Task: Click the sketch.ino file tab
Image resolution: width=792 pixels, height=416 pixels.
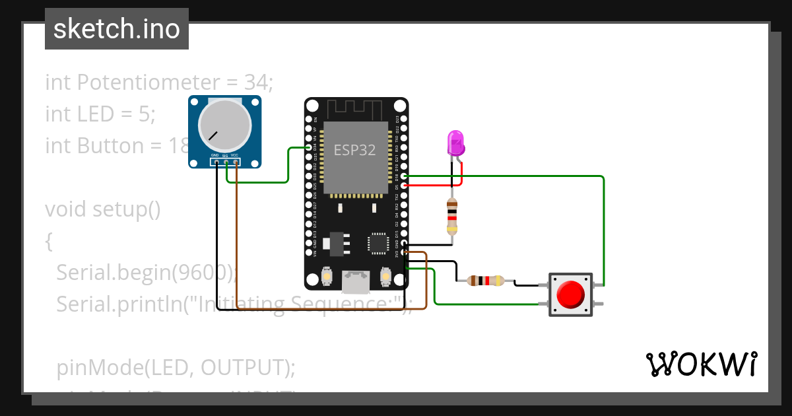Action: coord(117,29)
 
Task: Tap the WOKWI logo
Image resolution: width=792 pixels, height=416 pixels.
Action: coord(701,364)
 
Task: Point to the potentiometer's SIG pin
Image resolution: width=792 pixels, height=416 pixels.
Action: coord(226,161)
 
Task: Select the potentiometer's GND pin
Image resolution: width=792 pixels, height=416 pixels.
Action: coord(216,161)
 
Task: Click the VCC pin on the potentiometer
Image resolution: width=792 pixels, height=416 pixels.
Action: coord(236,161)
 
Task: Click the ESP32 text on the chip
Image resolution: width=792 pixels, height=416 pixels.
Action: coord(354,150)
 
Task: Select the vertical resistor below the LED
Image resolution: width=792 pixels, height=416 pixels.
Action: coord(451,215)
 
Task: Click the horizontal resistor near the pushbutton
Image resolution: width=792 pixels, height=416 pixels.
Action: coord(485,281)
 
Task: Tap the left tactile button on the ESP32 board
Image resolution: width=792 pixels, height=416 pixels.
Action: coord(326,276)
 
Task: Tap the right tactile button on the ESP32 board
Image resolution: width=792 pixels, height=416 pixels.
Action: coord(385,276)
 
